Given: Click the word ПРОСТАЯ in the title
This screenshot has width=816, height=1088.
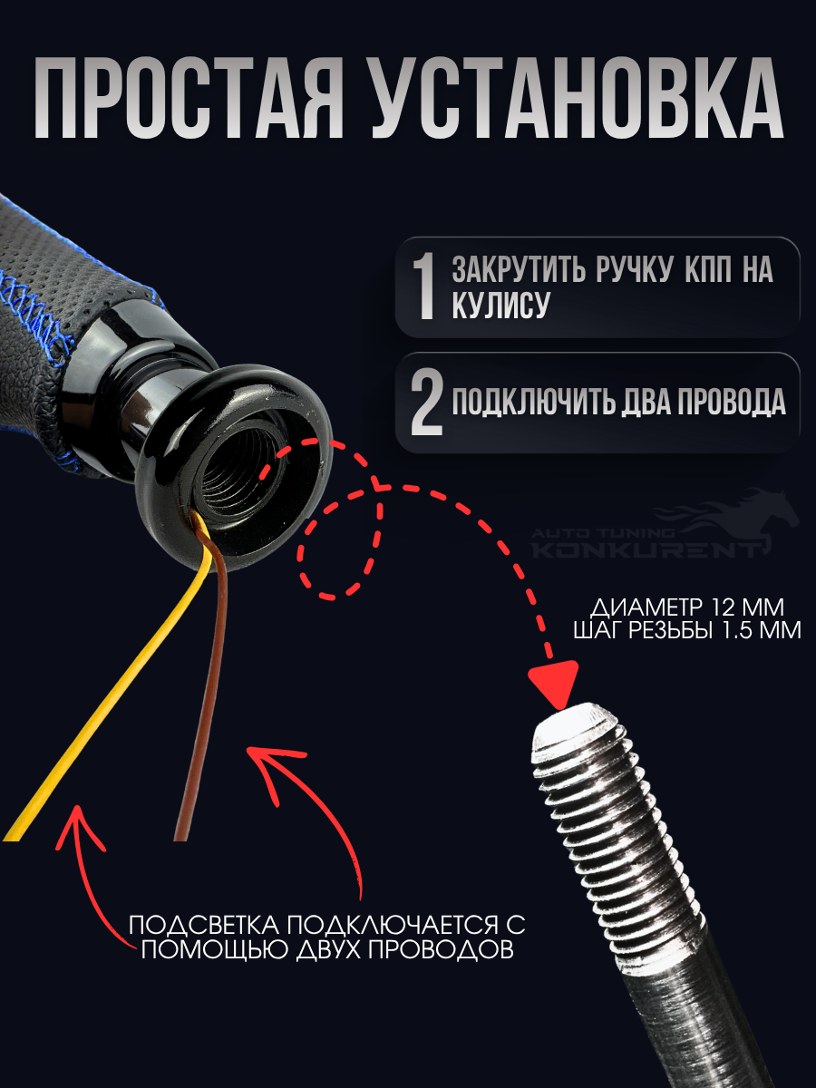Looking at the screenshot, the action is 189,98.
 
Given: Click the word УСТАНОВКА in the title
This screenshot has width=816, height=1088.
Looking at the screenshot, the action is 577,98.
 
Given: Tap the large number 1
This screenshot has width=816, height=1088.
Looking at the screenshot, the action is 423,287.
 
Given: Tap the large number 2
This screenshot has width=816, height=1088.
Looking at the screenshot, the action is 426,403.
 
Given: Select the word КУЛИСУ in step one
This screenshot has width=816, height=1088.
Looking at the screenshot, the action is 500,304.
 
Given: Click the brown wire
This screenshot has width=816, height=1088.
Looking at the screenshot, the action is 202,694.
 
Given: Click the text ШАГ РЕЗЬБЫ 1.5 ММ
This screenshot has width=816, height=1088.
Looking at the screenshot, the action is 687,630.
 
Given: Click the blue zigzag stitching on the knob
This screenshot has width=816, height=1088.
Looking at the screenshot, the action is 34,307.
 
